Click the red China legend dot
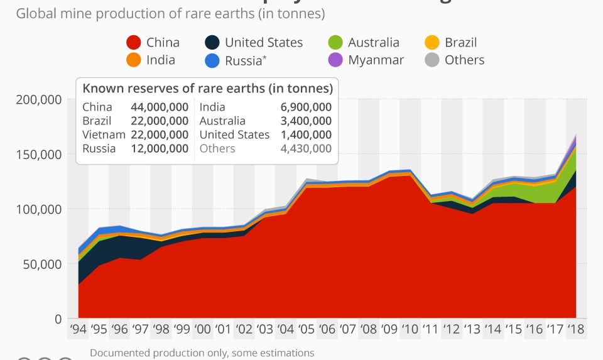pyautogui.click(x=133, y=43)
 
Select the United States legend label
pyautogui.click(x=263, y=43)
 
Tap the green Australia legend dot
pyautogui.click(x=335, y=43)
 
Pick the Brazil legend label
pyautogui.click(x=460, y=43)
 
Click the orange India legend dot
pyautogui.click(x=133, y=60)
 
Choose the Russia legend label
pyautogui.click(x=243, y=60)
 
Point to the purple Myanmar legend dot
pyautogui.click(x=335, y=60)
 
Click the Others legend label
pyautogui.click(x=464, y=60)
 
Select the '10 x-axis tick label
pyautogui.click(x=410, y=329)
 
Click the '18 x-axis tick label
pyautogui.click(x=576, y=329)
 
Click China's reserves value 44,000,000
pyautogui.click(x=160, y=107)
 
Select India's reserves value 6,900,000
pyautogui.click(x=306, y=107)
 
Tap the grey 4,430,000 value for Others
pyautogui.click(x=306, y=148)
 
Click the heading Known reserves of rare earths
pyautogui.click(x=207, y=89)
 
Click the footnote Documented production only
pyautogui.click(x=202, y=353)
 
